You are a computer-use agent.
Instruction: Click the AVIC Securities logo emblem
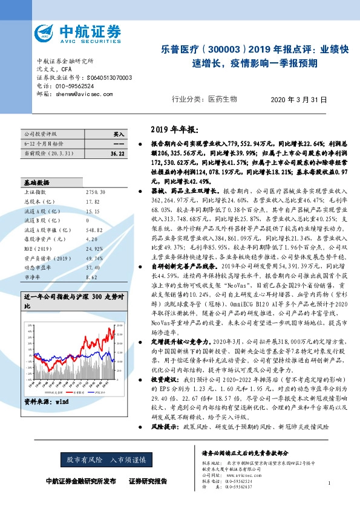click(47, 32)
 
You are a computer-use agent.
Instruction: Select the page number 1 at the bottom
click(328, 483)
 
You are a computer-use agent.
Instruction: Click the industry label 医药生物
click(222, 99)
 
